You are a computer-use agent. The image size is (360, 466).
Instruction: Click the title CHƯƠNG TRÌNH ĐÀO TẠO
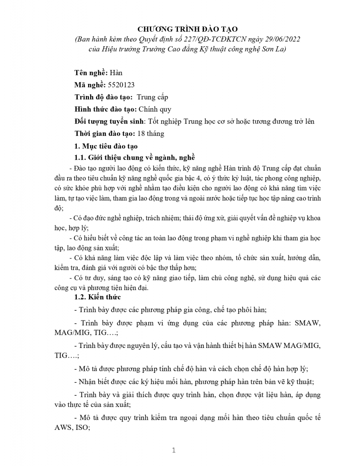point(188,29)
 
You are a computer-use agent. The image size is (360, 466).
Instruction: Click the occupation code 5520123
point(121,85)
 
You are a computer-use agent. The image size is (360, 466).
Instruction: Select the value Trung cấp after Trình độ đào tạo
point(152,97)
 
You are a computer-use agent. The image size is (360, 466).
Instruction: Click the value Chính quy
point(155,109)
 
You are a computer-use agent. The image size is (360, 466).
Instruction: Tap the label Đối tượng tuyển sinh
point(109,122)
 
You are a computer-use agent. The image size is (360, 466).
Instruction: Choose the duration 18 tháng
point(151,134)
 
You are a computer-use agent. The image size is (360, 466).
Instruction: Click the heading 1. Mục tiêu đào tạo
point(106,146)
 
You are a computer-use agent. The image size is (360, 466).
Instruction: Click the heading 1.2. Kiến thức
point(97,297)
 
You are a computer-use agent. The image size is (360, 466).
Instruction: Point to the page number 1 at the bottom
point(174,450)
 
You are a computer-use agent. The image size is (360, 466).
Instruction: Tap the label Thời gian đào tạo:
point(104,134)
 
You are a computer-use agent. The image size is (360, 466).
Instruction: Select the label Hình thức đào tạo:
point(106,109)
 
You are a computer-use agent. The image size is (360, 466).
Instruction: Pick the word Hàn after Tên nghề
point(116,73)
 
